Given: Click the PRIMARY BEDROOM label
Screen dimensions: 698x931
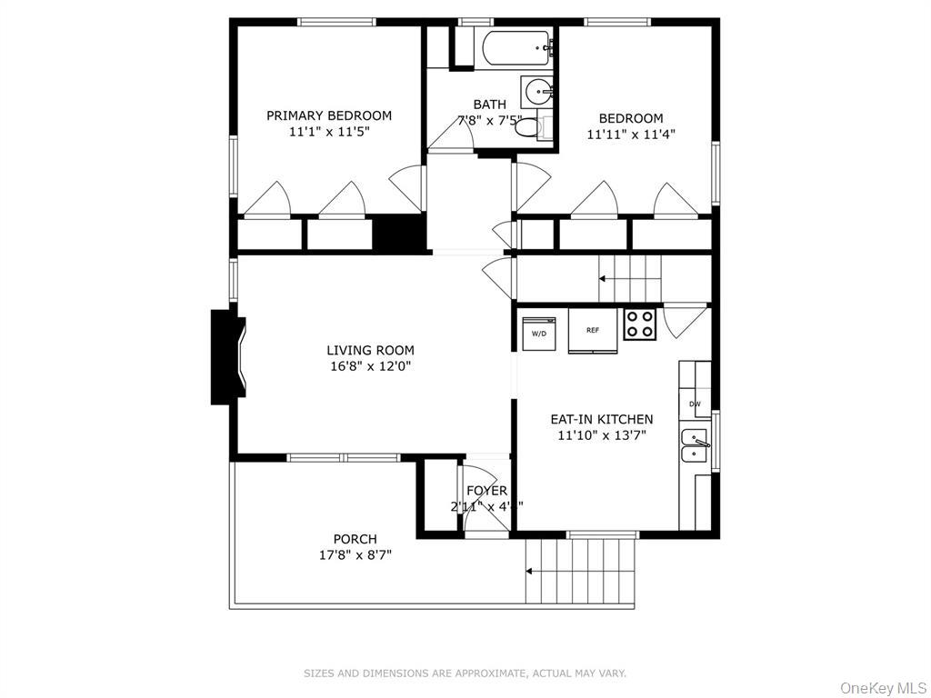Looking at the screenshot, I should point(328,115).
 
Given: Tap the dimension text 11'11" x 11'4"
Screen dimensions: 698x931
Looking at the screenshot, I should point(630,135).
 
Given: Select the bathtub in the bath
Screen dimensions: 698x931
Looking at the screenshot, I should point(516,48).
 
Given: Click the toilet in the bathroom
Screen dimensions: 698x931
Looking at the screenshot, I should point(528,128).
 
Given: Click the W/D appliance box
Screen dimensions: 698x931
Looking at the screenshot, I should point(538,332).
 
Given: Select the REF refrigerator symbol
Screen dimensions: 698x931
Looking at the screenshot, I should point(592,331).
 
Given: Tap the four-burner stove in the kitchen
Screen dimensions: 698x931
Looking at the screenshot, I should point(639,324).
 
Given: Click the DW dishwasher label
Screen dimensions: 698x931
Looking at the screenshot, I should point(695,404).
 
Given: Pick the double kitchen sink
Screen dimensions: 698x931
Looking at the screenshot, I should point(695,446).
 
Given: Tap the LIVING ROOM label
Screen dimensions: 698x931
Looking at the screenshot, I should point(370,350).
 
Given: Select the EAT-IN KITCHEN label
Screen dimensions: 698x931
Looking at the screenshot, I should point(601,419).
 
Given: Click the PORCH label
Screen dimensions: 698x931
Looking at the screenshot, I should point(355,539).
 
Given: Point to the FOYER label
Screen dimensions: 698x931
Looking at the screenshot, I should point(486,491).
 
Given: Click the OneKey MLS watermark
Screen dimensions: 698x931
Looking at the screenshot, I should point(880,687).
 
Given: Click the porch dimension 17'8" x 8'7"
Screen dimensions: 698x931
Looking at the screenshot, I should point(355,554).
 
